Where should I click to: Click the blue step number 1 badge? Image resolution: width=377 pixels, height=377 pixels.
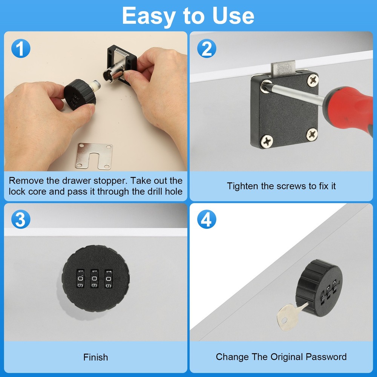21,48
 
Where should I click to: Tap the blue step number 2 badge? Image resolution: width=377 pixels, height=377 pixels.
207,48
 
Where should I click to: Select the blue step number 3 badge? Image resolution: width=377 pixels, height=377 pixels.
21,219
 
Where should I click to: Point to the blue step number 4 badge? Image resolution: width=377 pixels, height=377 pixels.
207,219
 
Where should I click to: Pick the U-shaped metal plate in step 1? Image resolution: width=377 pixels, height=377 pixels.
94,156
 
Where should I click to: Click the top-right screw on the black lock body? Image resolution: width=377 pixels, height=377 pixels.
313,80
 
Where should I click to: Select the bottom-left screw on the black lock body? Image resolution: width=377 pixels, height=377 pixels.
267,141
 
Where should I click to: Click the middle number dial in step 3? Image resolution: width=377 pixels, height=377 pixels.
95,279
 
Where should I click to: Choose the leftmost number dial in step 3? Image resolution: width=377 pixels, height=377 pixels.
81,279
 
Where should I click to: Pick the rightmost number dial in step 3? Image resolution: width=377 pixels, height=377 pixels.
109,279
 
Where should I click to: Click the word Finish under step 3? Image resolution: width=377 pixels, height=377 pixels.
95,357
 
